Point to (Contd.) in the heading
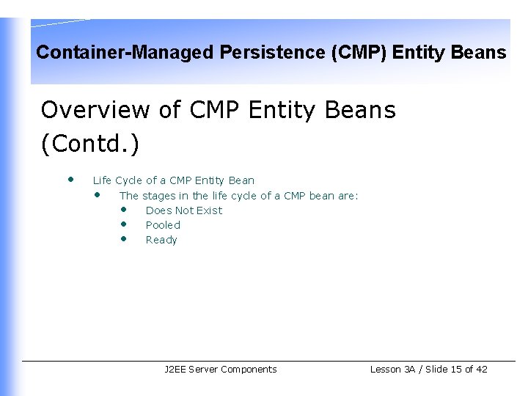click(x=89, y=144)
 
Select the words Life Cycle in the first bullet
click(x=117, y=180)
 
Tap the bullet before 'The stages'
click(x=97, y=194)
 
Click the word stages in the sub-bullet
click(x=159, y=196)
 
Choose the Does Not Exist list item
click(x=183, y=210)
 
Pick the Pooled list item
click(x=163, y=225)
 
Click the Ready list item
click(x=161, y=240)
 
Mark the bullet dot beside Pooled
click(x=124, y=224)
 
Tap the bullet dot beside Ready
click(x=124, y=238)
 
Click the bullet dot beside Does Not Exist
click(x=124, y=209)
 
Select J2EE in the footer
click(x=175, y=370)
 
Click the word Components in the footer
click(x=249, y=370)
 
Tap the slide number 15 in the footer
click(x=456, y=370)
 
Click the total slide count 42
click(x=481, y=370)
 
